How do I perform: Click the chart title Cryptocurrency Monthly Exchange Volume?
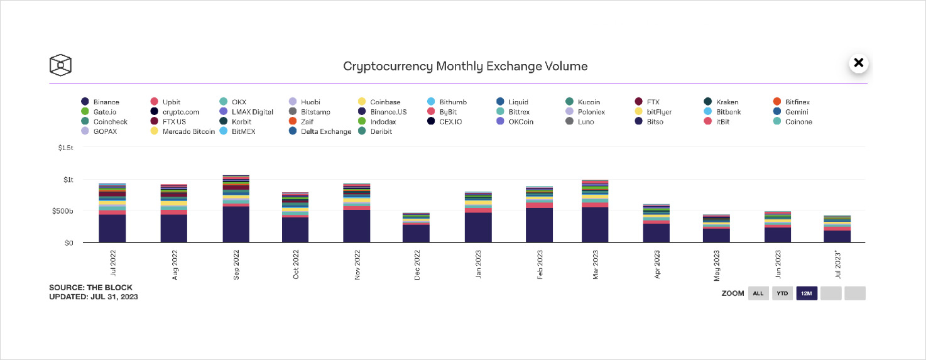click(465, 66)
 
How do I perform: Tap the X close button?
click(859, 63)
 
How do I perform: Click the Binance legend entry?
click(101, 102)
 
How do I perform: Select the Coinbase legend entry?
click(379, 102)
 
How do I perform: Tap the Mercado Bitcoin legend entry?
click(183, 131)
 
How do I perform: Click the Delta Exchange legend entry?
click(320, 131)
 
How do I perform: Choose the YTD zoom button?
click(782, 293)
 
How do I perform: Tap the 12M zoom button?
click(807, 293)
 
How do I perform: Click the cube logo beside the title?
click(60, 65)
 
